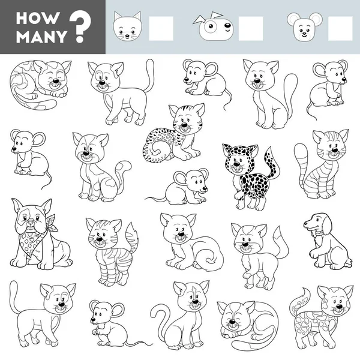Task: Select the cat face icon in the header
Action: pos(127,26)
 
